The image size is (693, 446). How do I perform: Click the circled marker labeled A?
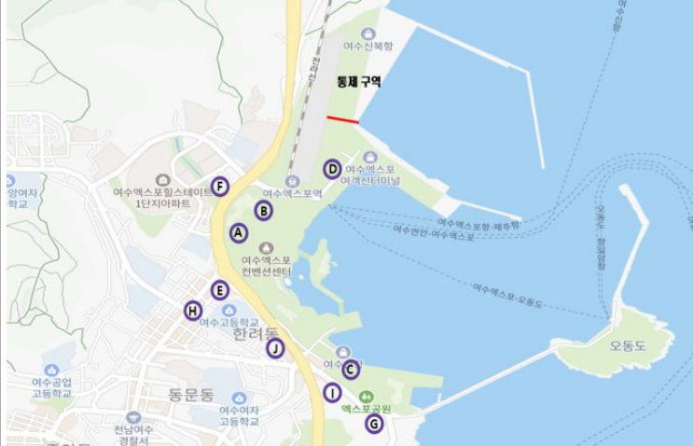(x=238, y=232)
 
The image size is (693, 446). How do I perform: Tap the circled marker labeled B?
(x=264, y=211)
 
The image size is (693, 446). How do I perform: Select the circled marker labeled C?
(x=351, y=369)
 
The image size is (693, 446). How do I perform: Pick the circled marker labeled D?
(x=332, y=169)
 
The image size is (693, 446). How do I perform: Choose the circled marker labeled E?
(x=219, y=289)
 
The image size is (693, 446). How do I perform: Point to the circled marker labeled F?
(x=219, y=186)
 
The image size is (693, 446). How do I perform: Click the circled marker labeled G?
(x=374, y=424)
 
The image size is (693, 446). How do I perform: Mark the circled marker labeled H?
(x=193, y=310)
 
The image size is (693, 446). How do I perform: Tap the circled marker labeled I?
(x=333, y=393)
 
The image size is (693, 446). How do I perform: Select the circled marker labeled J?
(x=274, y=348)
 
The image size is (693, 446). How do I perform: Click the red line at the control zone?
(x=343, y=120)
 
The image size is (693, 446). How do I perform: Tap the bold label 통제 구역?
(x=358, y=82)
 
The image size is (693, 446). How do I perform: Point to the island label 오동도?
(x=628, y=344)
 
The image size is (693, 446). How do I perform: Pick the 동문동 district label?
(x=192, y=394)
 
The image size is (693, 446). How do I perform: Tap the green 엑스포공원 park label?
(x=365, y=409)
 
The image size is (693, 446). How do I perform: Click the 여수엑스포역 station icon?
(x=292, y=180)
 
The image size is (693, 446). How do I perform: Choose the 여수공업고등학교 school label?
(x=50, y=387)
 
